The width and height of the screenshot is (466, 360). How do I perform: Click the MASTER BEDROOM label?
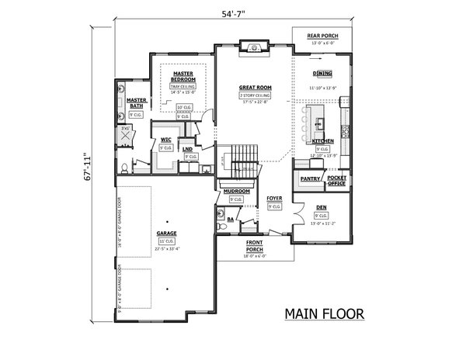[183, 77]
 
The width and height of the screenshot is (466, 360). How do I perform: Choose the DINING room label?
[323, 73]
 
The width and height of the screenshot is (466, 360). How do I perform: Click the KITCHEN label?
[322, 141]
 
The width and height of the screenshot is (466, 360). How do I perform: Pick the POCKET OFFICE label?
[337, 179]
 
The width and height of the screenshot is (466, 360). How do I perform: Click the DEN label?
[322, 207]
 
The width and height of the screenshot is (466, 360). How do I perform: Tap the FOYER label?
[274, 198]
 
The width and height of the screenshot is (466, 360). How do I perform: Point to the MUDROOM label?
[236, 190]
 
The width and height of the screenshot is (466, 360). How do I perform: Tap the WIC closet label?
[166, 140]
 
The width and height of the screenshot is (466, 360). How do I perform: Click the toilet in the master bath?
[126, 167]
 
